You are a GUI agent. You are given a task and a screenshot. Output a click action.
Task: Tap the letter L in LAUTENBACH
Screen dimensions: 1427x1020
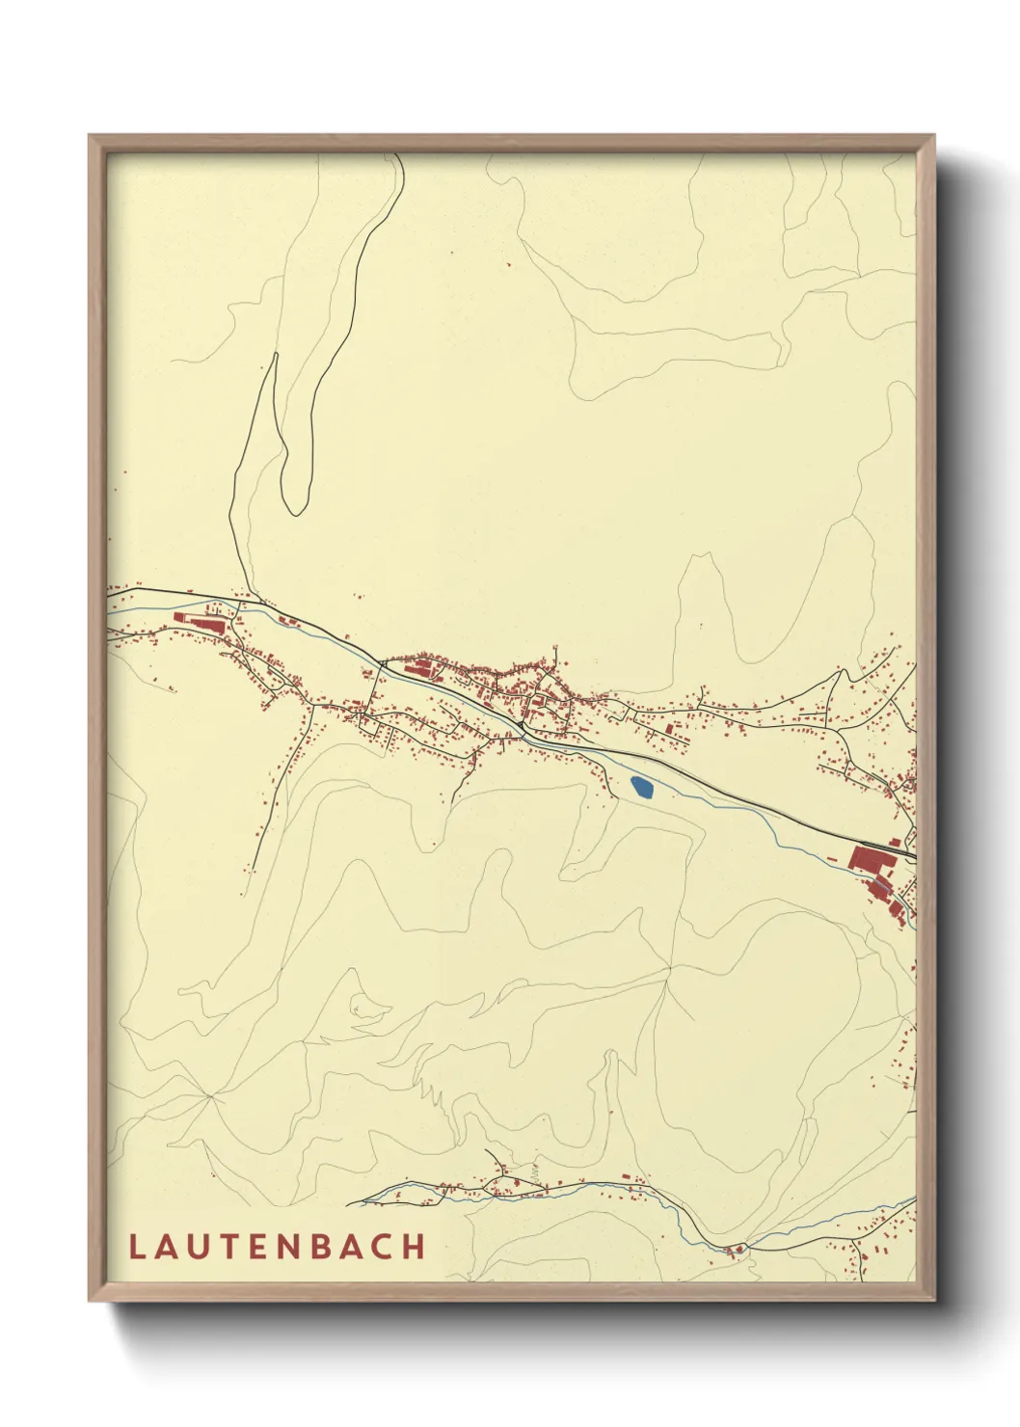pos(136,1247)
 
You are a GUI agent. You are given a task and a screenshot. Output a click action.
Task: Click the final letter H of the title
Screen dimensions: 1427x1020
pos(415,1247)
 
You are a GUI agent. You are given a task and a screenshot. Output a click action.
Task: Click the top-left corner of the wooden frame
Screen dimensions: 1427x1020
pos(91,137)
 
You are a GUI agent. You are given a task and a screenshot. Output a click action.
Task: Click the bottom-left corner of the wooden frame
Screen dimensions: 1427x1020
pos(91,1299)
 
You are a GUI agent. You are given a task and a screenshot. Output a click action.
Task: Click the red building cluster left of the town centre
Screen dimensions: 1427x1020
pos(420,666)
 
